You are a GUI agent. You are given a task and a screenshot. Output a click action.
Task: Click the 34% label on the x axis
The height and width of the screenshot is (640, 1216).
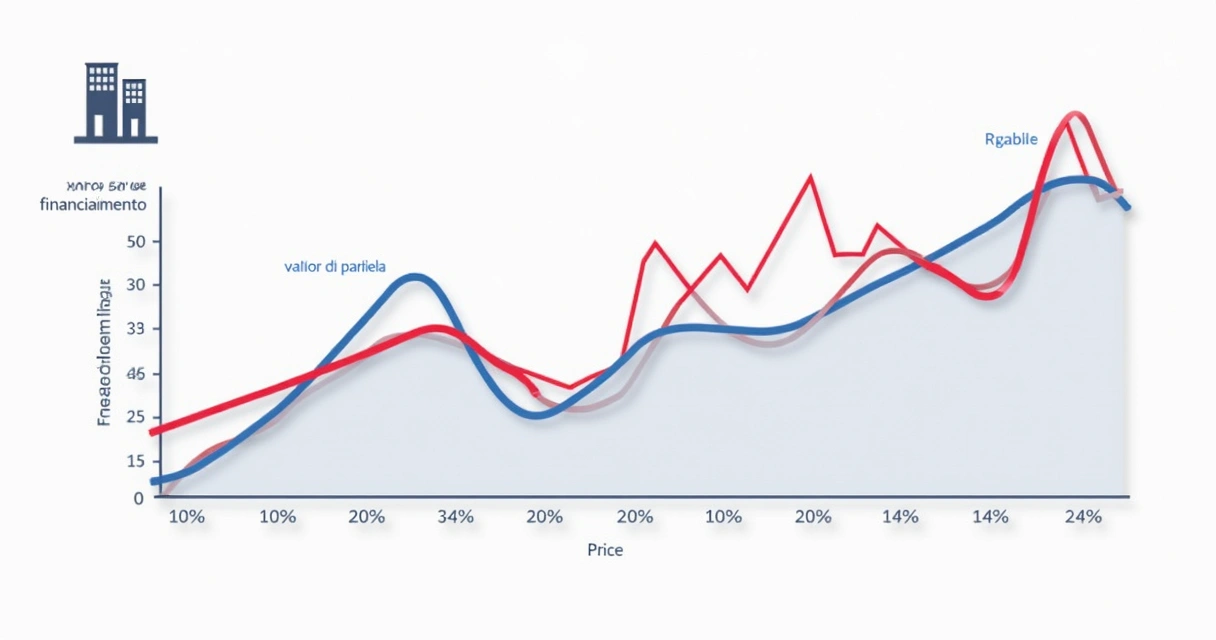tap(455, 517)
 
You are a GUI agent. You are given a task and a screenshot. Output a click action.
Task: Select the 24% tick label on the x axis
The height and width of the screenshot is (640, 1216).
tap(1083, 517)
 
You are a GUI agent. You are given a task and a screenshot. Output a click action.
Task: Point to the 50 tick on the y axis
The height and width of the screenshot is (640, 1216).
tap(137, 242)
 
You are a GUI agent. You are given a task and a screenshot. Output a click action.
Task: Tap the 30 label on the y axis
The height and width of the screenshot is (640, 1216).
tap(137, 286)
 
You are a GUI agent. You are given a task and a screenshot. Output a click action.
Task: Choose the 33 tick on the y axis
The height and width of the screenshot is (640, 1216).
tap(137, 329)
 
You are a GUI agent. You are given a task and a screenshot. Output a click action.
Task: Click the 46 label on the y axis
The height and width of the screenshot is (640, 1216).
tap(137, 374)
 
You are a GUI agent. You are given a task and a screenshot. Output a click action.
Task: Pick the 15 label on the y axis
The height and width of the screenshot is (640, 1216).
tap(137, 461)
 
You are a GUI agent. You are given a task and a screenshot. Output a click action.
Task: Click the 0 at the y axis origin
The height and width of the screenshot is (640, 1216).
tap(139, 497)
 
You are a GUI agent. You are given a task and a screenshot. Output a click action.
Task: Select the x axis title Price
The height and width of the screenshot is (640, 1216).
tap(605, 550)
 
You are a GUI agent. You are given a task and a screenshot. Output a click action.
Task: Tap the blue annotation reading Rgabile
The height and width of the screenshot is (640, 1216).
tap(1011, 140)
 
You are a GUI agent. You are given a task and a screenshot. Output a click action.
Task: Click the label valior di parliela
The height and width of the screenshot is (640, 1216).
tap(335, 267)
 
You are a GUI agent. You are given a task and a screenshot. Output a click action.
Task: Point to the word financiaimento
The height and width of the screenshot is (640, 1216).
tap(93, 204)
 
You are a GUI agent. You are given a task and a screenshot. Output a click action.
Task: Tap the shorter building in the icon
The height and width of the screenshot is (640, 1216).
tap(134, 108)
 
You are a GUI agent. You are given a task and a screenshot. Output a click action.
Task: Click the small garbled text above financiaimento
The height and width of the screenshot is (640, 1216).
tap(106, 186)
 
